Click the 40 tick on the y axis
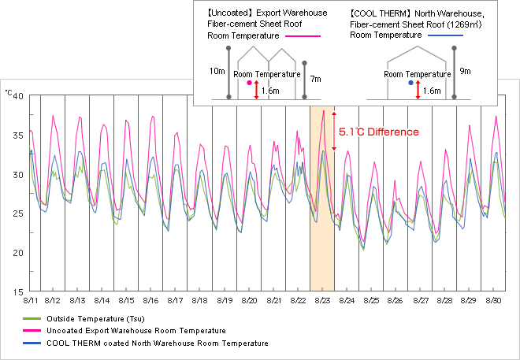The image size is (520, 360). [x=17, y=96]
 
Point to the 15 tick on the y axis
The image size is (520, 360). [x=17, y=292]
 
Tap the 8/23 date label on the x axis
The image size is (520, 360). [x=323, y=301]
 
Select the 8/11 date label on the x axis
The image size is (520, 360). [x=32, y=301]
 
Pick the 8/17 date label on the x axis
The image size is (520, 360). [x=176, y=301]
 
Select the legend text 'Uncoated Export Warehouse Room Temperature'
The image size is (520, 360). [x=136, y=331]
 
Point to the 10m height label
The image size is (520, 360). [x=217, y=71]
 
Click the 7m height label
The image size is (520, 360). [x=315, y=79]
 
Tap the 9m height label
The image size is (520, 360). [x=465, y=71]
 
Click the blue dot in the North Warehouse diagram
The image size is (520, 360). [x=410, y=83]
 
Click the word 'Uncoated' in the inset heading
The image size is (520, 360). [x=230, y=13]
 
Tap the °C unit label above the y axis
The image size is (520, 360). [x=9, y=93]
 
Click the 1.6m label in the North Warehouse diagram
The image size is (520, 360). [x=432, y=91]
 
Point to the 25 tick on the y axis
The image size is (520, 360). [x=17, y=213]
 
